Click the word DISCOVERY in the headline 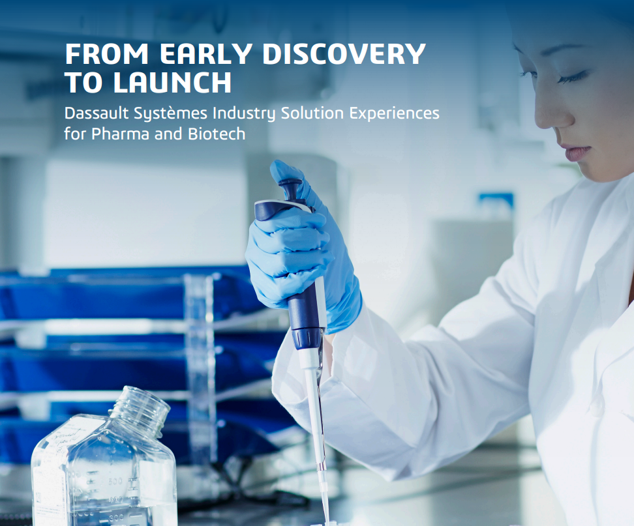344,53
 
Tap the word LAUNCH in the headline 172,82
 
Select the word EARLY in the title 207,53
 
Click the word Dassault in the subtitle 97,113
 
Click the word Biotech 217,134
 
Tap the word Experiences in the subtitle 394,114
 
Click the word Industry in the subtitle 244,113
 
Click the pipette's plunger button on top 290,188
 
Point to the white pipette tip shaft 318,428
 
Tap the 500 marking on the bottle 115,481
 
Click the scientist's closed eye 571,78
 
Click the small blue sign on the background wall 496,201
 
